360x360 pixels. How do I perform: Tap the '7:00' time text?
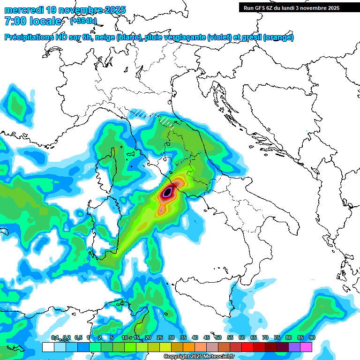pos(15,21)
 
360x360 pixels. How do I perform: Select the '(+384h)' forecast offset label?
pos(83,21)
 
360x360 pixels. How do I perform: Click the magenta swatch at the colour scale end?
pos(306,347)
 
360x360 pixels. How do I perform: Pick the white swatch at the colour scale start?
pos(48,347)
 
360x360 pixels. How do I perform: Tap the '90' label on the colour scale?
pos(312,337)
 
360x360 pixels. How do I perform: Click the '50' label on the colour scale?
pos(218,337)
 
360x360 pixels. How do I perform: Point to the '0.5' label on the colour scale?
pos(78,337)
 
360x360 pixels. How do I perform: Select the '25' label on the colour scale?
pos(159,337)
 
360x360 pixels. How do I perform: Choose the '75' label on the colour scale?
pos(277,337)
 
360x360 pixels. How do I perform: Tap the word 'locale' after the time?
pos(45,21)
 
